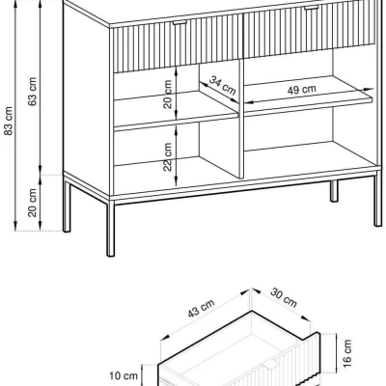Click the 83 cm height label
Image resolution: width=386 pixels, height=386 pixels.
(x=9, y=121)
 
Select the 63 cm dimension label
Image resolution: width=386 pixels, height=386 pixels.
(x=33, y=92)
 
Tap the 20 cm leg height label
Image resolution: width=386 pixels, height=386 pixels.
(x=33, y=203)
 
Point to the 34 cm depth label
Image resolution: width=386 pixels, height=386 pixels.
(x=223, y=85)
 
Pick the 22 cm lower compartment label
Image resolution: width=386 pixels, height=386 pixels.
(x=167, y=157)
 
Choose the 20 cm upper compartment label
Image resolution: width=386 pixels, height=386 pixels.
(x=168, y=95)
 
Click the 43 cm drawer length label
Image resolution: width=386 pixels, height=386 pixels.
(x=201, y=308)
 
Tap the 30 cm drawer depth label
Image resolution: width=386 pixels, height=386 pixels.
(x=284, y=297)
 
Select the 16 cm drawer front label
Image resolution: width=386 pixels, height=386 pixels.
(x=347, y=353)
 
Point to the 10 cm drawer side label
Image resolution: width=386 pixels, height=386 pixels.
(x=124, y=375)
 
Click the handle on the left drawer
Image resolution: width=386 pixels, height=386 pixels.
(x=179, y=23)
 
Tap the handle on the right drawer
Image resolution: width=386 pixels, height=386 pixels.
(x=312, y=8)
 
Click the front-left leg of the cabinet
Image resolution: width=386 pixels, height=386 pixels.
(x=111, y=229)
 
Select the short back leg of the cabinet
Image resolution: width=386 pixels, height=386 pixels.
(x=334, y=191)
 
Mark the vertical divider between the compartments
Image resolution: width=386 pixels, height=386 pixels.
(x=241, y=119)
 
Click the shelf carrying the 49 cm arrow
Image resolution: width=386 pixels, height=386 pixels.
(x=308, y=96)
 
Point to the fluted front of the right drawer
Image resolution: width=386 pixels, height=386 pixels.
(x=310, y=31)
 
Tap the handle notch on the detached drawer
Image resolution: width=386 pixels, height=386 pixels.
(x=270, y=365)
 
